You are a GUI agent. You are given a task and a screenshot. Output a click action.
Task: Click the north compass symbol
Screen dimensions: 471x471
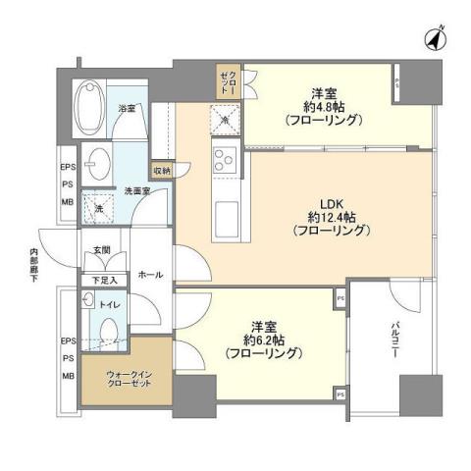coord(433,38)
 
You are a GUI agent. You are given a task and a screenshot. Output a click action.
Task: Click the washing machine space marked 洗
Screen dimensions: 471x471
coord(96,207)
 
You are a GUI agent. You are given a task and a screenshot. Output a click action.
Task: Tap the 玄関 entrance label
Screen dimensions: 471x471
coord(102,251)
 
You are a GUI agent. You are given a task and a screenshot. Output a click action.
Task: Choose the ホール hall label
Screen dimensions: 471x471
coord(150,276)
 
